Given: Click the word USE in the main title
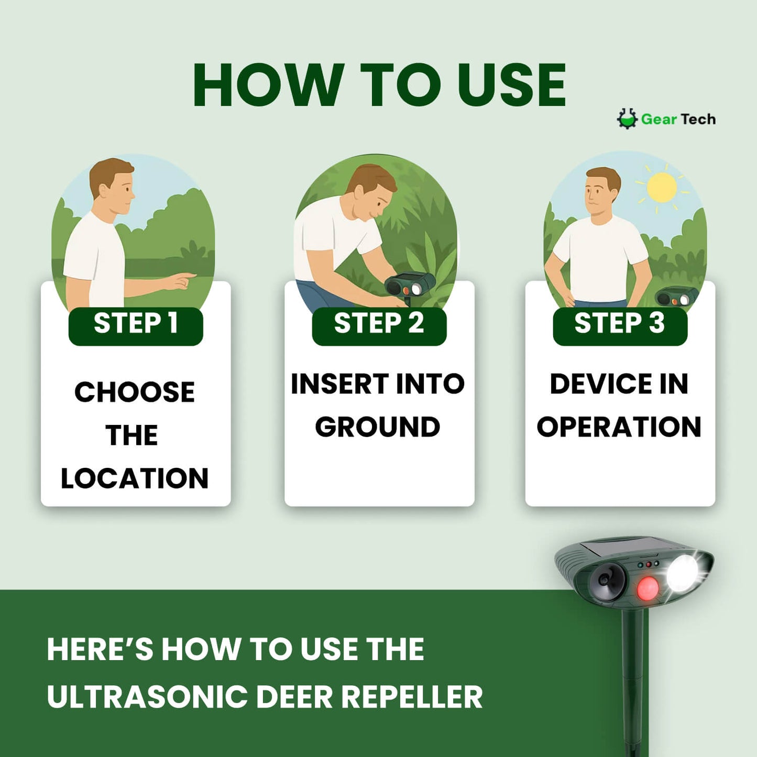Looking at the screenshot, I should pyautogui.click(x=511, y=85).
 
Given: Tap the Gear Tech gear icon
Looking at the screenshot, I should pyautogui.click(x=627, y=119).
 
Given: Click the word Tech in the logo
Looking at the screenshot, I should pyautogui.click(x=699, y=119).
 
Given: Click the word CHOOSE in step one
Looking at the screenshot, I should pyautogui.click(x=135, y=392).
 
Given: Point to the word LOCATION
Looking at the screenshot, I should pyautogui.click(x=135, y=478).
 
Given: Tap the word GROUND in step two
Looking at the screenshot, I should pyautogui.click(x=378, y=426).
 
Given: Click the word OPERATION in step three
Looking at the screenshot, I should pyautogui.click(x=619, y=426).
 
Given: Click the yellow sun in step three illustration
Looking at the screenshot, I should pyautogui.click(x=662, y=188).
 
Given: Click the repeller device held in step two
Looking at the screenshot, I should pyautogui.click(x=410, y=286).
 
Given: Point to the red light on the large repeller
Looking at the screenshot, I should pyautogui.click(x=648, y=588).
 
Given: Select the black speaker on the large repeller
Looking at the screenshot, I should pyautogui.click(x=607, y=579).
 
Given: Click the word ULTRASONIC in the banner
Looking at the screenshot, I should pyautogui.click(x=147, y=697).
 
